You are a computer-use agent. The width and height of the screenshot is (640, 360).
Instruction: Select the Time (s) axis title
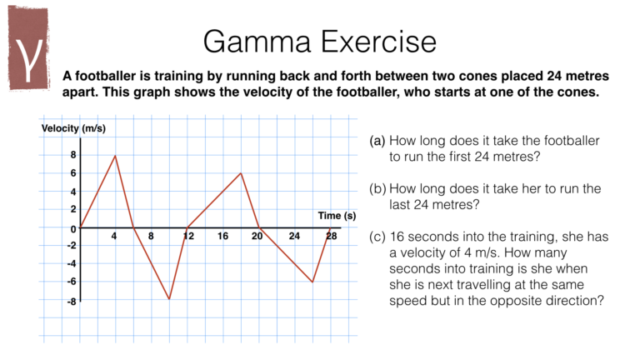pos(337,216)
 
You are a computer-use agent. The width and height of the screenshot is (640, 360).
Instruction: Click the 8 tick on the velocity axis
pos(72,156)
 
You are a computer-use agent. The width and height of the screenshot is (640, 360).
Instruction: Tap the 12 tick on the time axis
pos(188,237)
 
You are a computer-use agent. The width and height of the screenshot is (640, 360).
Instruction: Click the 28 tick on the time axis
pos(331,237)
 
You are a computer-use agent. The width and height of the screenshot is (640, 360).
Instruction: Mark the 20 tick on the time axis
pos(258,237)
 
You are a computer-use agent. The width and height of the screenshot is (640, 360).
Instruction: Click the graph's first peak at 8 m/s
pos(115,156)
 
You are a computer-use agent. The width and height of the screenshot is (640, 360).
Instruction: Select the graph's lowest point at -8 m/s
pos(169,299)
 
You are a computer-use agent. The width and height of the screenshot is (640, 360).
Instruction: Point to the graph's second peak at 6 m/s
pos(241,173)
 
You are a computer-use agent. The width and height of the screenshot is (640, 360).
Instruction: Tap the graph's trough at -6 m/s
pos(312,282)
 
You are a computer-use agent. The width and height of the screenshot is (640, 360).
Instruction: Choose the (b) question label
pos(377,188)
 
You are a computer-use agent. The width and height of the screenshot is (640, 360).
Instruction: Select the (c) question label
pos(377,237)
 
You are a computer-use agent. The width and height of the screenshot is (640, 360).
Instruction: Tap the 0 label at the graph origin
pos(72,228)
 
